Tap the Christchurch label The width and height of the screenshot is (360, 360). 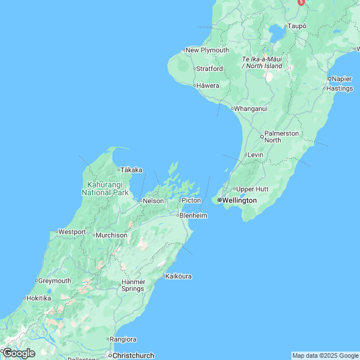(133, 355)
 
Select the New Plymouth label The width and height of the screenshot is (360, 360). (207, 50)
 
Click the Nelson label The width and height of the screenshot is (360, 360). (153, 201)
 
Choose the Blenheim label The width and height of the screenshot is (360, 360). (193, 215)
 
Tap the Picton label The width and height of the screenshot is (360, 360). (191, 200)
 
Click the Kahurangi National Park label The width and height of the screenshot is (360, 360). (105, 188)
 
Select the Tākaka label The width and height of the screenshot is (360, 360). (132, 170)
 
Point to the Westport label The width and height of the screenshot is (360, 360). (72, 232)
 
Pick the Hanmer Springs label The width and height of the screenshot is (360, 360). (133, 285)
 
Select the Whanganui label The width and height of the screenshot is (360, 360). (250, 109)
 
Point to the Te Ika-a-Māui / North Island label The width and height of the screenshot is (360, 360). (262, 62)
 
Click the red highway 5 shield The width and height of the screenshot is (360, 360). (301, 3)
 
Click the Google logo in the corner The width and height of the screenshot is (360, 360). (19, 353)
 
